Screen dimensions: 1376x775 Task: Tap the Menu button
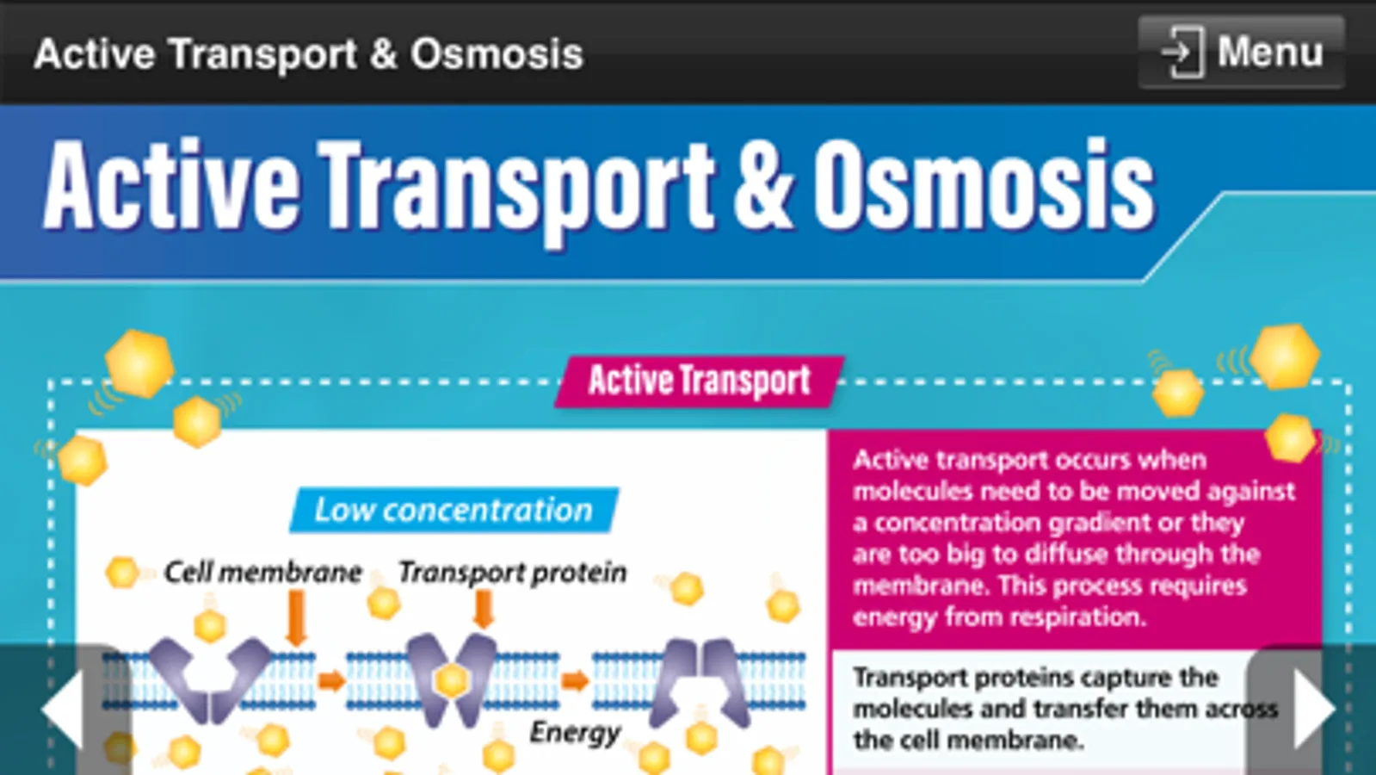tap(1241, 53)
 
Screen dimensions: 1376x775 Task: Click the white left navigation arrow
tap(62, 710)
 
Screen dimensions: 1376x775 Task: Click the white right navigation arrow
tap(1315, 710)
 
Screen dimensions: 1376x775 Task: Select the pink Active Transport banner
tap(699, 381)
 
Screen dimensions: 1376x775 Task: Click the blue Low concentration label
tap(454, 510)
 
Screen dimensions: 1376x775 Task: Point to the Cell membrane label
tap(263, 573)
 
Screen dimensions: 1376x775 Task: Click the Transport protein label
tap(512, 573)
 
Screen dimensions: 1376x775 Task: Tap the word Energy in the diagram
tap(575, 733)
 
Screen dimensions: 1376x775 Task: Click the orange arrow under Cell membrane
tap(297, 617)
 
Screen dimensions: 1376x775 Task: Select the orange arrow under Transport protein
tap(484, 609)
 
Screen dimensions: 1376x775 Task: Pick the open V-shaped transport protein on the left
tap(209, 679)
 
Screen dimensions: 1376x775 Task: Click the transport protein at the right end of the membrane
tap(700, 682)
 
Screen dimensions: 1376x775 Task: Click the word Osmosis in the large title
tap(984, 185)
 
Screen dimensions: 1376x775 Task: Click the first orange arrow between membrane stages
tap(331, 681)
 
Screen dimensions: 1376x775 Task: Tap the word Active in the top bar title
tap(95, 53)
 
